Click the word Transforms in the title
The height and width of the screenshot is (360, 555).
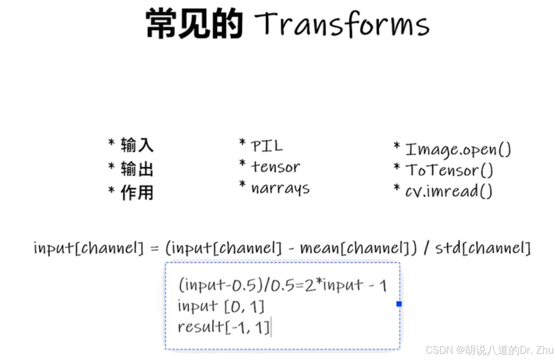(342, 24)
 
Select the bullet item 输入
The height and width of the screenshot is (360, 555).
(137, 145)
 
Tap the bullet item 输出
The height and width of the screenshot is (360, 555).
(137, 169)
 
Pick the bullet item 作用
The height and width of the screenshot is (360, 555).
(137, 193)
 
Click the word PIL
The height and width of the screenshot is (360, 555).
(267, 146)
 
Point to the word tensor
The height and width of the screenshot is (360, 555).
(276, 167)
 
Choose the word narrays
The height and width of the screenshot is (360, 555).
(280, 188)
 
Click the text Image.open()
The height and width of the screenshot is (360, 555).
(458, 149)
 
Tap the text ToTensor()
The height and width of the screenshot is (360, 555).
(449, 170)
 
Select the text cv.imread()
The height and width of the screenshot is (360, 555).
(448, 191)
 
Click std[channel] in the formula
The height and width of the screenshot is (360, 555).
(483, 248)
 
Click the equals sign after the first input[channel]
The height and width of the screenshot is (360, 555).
(155, 248)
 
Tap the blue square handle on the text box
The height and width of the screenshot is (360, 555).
(399, 304)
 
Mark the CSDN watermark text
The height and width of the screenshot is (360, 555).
(489, 350)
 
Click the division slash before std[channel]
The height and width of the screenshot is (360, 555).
(426, 248)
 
